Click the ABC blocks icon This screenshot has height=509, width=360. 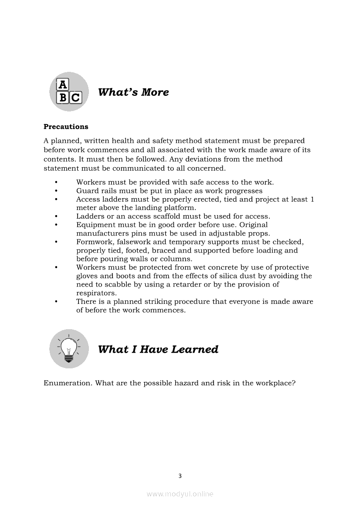69,91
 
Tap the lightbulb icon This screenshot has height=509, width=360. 69,348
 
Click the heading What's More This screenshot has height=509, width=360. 133,92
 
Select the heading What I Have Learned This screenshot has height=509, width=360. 158,349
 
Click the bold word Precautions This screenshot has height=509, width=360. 66,127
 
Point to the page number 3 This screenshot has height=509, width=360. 180,476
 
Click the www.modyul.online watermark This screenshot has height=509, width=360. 180,494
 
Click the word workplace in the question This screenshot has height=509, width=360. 275,383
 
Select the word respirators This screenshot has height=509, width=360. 96,293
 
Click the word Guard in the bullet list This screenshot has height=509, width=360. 87,191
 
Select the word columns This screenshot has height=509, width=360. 174,259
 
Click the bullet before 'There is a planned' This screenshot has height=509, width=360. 56,301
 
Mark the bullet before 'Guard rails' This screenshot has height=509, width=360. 56,191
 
